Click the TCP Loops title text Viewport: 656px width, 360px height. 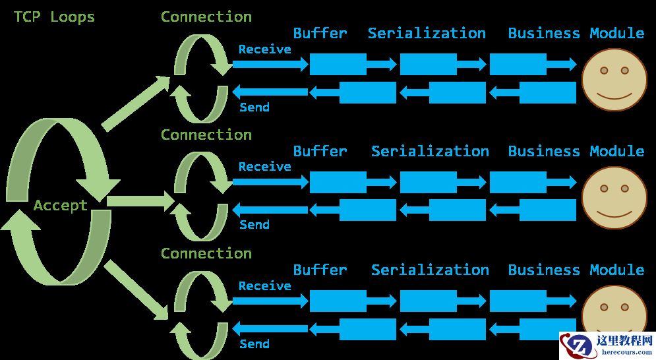click(x=54, y=17)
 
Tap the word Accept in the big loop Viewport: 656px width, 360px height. click(x=61, y=206)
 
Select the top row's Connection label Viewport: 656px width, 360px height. click(x=206, y=17)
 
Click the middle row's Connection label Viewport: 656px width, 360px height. click(x=206, y=135)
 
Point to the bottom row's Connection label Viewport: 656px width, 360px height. click(x=206, y=254)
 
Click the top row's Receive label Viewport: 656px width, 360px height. click(x=264, y=49)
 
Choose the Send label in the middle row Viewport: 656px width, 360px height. click(x=254, y=225)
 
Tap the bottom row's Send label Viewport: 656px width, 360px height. click(x=254, y=344)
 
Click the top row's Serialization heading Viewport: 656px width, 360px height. click(x=427, y=33)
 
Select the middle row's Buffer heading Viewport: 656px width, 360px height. click(x=320, y=152)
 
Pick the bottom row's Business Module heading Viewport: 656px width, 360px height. click(x=576, y=270)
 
